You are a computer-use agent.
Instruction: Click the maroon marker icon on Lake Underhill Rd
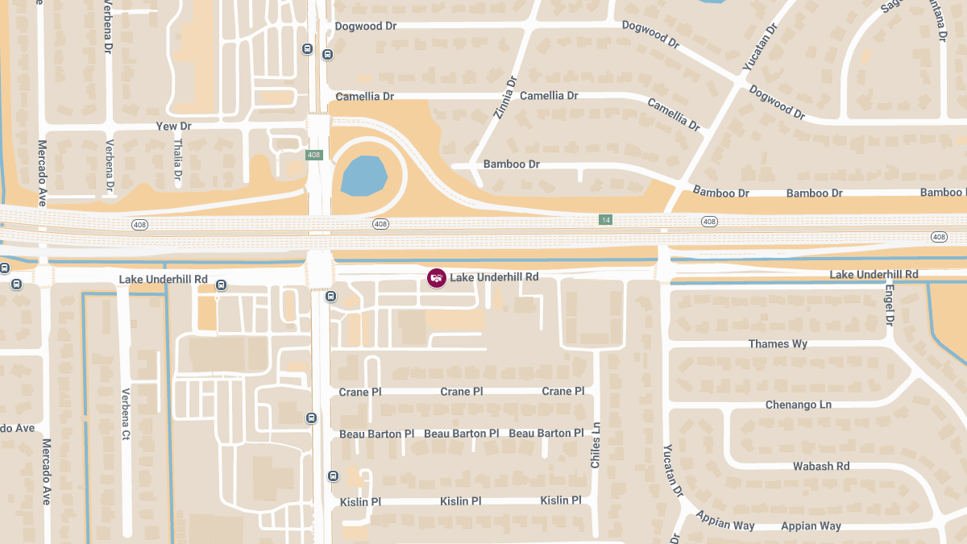tap(436, 277)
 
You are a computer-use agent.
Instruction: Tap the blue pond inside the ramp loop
tap(364, 176)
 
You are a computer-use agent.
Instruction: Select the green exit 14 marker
tap(604, 219)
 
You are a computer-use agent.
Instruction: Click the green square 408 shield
tap(314, 154)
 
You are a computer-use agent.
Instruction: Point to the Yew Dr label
tap(173, 127)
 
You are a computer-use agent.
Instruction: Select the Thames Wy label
tap(778, 344)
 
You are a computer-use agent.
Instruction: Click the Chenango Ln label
tap(798, 405)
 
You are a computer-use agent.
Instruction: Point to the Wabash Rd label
tap(821, 466)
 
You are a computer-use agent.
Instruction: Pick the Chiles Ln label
tap(596, 446)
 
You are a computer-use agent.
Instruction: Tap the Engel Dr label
tap(890, 305)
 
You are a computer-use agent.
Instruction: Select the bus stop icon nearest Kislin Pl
tap(334, 476)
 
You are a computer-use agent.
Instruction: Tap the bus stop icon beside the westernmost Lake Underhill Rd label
tap(221, 284)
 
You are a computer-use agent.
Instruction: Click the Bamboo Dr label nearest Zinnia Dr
tap(511, 164)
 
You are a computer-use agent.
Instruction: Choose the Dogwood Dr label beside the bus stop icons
tap(365, 27)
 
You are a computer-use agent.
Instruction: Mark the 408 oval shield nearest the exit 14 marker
tap(709, 221)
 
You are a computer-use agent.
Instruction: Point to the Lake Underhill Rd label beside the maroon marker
tap(494, 277)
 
